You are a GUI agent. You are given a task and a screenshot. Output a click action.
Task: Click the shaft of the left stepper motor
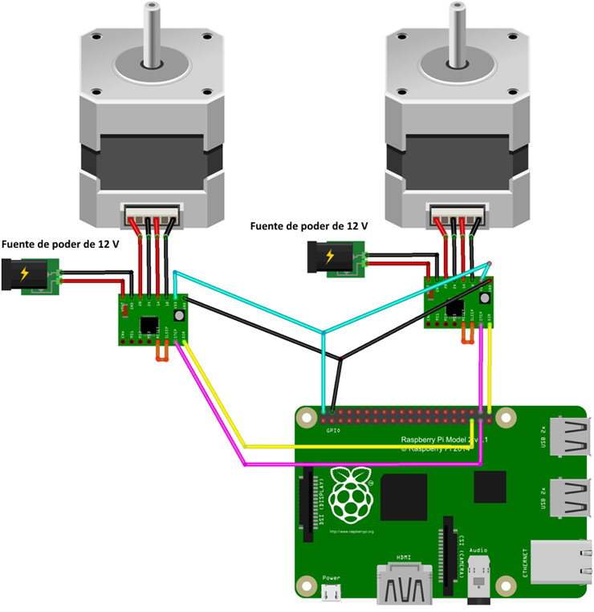pyautogui.click(x=150, y=32)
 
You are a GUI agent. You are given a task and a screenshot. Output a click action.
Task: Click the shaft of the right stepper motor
pyautogui.click(x=455, y=32)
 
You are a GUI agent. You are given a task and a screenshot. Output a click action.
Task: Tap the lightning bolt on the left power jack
pyautogui.click(x=24, y=274)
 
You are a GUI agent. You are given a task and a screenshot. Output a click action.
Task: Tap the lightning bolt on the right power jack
pyautogui.click(x=330, y=257)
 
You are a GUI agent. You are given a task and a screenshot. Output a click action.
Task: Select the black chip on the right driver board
pyautogui.click(x=454, y=306)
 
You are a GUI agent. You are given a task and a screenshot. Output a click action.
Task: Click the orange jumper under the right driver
pyautogui.click(x=467, y=335)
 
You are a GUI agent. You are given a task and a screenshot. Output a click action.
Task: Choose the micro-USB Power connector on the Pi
pyautogui.click(x=330, y=593)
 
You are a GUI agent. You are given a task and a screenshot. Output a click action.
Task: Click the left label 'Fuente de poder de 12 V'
pyautogui.click(x=61, y=243)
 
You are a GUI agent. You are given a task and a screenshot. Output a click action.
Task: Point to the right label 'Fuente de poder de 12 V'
pyautogui.click(x=309, y=227)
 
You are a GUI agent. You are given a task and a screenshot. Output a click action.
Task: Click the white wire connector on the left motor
pyautogui.click(x=150, y=217)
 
